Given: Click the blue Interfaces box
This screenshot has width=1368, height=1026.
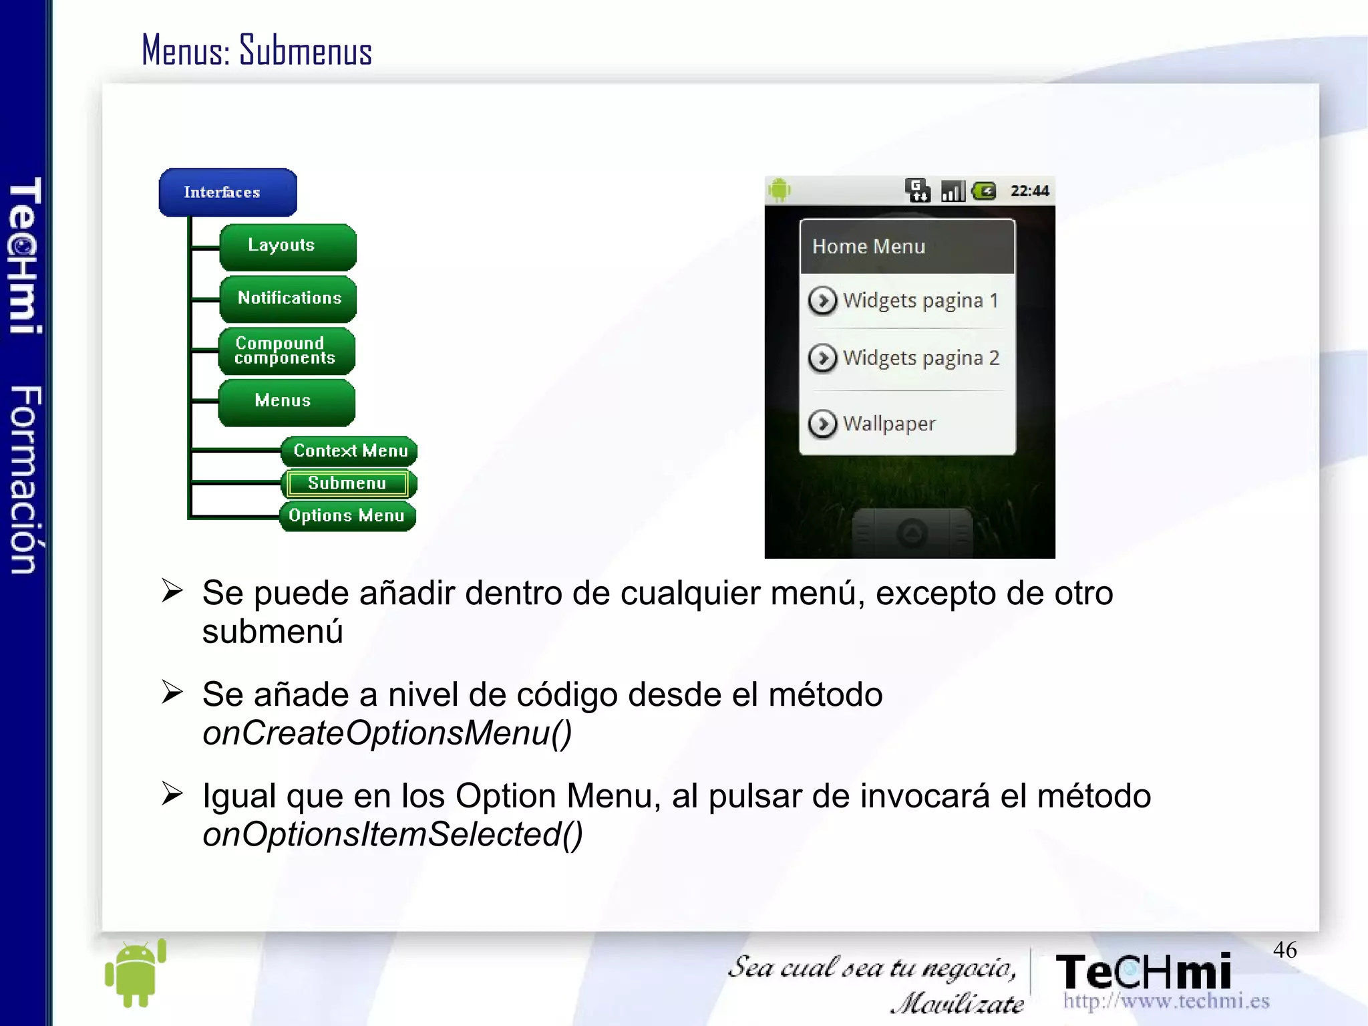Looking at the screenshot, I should point(227,193).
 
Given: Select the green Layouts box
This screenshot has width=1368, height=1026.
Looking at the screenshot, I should point(287,246).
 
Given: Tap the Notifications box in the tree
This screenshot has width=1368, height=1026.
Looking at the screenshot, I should point(288,298).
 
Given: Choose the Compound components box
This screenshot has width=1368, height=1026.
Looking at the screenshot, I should point(287,351).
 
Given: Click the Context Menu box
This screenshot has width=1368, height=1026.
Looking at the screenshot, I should point(349,451).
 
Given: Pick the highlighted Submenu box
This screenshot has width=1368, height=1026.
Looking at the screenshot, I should point(347,483).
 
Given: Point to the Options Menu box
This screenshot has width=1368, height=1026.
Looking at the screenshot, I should point(347,516).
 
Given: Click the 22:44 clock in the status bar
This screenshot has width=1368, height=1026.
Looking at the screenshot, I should point(1029,191).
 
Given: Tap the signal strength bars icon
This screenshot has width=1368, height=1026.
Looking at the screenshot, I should point(953,192).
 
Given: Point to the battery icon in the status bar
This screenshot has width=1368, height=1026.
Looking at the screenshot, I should point(984,192).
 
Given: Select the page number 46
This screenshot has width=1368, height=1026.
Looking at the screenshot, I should point(1285,950).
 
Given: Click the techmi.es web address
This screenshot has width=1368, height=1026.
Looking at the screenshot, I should point(1166,1001).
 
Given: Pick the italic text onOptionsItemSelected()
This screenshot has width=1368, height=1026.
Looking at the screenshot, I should point(393,835).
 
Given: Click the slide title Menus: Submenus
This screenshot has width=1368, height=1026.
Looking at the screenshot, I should point(256,51).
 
